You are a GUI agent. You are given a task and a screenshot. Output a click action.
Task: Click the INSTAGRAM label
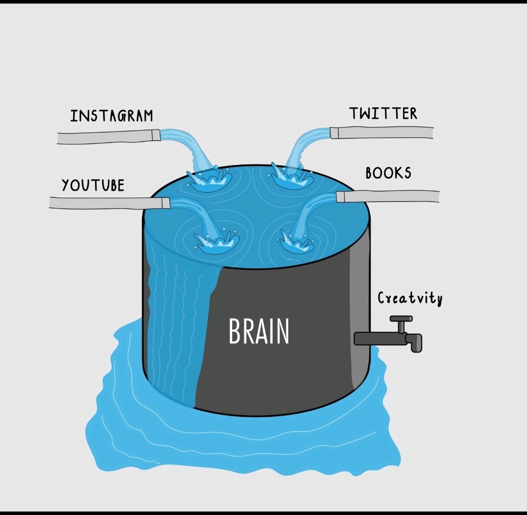[x=111, y=116]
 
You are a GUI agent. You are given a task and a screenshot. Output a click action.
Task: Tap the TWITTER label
[x=383, y=114]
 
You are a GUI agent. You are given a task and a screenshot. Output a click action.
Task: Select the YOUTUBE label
[x=93, y=185]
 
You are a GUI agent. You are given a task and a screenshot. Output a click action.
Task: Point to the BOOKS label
[x=388, y=173]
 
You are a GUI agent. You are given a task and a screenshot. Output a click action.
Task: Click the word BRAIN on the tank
[x=259, y=332]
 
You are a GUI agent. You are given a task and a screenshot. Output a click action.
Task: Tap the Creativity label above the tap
[x=410, y=298]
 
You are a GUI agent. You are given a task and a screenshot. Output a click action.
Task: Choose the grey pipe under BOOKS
[x=388, y=196]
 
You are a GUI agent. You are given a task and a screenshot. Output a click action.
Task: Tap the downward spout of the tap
[x=416, y=343]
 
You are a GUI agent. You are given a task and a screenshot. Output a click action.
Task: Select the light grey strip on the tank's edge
[x=360, y=317]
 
